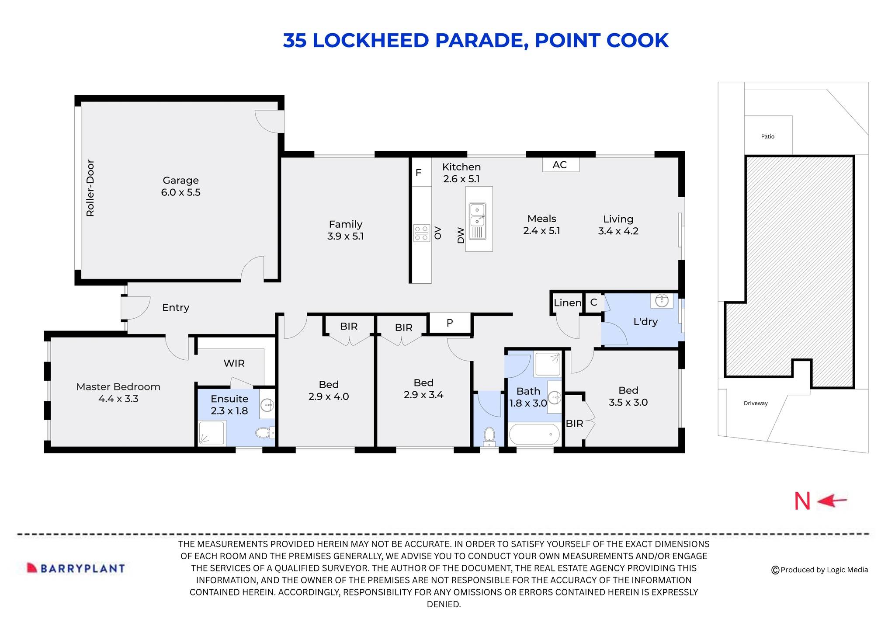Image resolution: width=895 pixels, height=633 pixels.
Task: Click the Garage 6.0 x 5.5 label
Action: [180, 186]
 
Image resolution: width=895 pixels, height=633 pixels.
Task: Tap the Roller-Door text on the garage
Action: [90, 188]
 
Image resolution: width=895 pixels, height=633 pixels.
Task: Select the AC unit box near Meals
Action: [560, 165]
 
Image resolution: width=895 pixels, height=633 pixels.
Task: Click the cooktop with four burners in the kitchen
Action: [421, 233]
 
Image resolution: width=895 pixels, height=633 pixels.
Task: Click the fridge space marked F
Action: [418, 173]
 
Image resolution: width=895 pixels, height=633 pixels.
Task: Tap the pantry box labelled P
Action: [450, 323]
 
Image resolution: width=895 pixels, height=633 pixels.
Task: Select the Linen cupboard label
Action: [567, 303]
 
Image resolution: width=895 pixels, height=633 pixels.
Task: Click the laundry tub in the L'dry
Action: [662, 300]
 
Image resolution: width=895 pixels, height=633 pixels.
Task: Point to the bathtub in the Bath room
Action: [534, 434]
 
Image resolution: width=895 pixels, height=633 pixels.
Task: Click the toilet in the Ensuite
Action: [264, 433]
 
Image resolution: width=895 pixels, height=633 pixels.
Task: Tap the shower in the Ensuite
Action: [212, 433]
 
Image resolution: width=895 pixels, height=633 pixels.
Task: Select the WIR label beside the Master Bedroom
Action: [234, 363]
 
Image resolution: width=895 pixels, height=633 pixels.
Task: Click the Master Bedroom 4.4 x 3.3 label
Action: [118, 393]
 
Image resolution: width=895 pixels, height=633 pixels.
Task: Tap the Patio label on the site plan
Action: [767, 136]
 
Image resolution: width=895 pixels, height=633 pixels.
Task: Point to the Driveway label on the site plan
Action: [756, 403]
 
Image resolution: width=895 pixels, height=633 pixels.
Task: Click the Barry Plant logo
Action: [76, 568]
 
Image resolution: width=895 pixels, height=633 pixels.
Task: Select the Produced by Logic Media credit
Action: [819, 570]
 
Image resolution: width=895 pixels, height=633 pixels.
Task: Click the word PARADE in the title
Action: [479, 41]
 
